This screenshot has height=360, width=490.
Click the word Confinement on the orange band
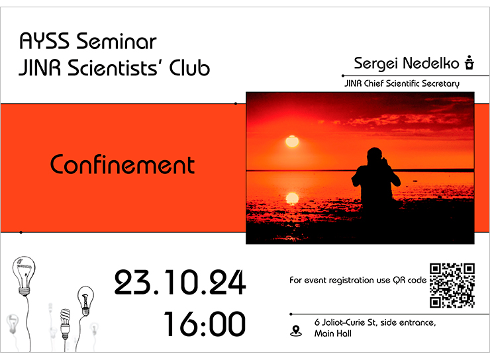(x=122, y=164)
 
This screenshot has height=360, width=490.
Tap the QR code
(x=452, y=285)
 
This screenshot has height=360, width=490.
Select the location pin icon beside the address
(x=295, y=331)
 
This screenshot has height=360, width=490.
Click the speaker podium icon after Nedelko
(x=469, y=62)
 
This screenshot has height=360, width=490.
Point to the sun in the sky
(x=292, y=142)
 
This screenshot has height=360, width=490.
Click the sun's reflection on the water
(x=292, y=198)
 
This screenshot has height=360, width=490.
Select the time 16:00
(x=205, y=324)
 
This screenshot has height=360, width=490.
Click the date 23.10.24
(x=180, y=283)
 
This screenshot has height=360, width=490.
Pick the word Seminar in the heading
(x=117, y=41)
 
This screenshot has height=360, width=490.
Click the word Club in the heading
(x=189, y=67)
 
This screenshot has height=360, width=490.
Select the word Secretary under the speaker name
(x=440, y=83)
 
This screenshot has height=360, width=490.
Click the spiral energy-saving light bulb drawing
(x=65, y=324)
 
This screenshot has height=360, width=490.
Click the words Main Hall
(x=333, y=334)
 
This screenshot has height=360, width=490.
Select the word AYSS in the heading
(x=44, y=41)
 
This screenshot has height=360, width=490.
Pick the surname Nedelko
(x=431, y=63)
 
